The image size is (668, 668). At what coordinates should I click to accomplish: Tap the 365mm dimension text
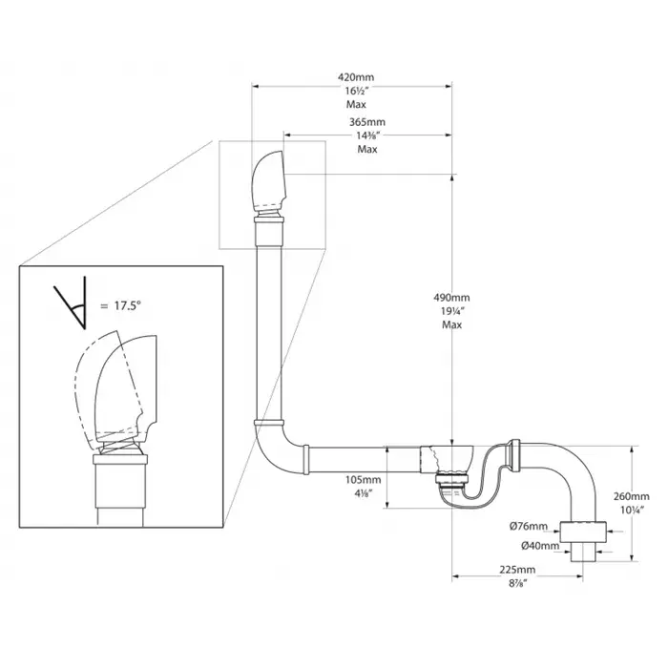365,123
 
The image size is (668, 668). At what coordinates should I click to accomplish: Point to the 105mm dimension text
364,479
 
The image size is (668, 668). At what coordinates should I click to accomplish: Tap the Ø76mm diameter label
529,527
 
